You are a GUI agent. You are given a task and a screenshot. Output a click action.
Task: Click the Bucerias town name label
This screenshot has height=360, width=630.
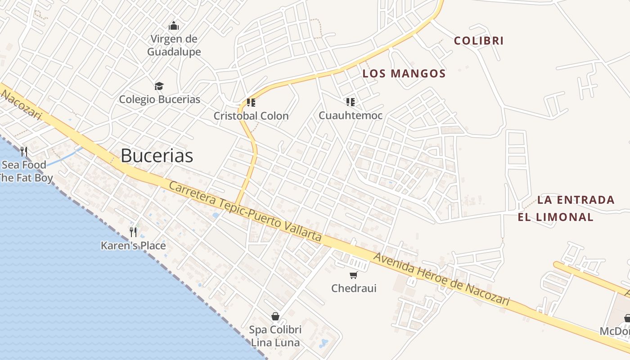tap(157, 156)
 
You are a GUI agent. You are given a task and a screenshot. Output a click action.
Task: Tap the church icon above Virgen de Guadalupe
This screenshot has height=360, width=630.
tap(174, 26)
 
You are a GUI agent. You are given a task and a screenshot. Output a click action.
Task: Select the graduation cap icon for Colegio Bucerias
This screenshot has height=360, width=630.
tap(159, 86)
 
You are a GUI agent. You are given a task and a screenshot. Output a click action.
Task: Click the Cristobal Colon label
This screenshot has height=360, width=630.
tap(251, 116)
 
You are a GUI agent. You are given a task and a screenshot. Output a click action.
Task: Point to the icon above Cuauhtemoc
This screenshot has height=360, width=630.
tap(351, 102)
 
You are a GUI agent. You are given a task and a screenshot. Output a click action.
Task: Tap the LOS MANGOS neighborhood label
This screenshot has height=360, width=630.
tap(404, 73)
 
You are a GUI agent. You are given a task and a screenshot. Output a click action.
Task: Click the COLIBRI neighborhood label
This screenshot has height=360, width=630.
tap(478, 40)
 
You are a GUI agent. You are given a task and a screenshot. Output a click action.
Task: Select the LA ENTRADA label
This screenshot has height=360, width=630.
tap(576, 200)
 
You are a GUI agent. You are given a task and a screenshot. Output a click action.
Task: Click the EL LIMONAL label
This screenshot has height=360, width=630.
tap(555, 217)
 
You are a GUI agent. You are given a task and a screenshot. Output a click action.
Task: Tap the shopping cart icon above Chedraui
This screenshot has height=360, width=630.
tap(354, 275)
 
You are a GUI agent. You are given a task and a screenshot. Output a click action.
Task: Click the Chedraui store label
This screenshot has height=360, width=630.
tap(354, 288)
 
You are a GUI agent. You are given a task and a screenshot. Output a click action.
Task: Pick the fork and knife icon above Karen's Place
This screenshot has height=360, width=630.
tap(133, 232)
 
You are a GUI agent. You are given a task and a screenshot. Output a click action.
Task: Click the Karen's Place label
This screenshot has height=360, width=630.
tap(133, 246)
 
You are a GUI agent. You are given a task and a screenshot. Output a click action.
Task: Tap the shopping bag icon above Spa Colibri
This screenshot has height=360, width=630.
tap(275, 316)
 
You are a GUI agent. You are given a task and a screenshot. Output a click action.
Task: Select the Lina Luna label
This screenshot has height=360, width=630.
tap(275, 342)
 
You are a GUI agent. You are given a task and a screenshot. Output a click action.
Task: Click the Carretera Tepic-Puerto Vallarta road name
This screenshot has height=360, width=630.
tap(245, 211)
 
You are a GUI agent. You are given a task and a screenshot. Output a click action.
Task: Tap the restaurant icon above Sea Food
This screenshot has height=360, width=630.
tap(24, 151)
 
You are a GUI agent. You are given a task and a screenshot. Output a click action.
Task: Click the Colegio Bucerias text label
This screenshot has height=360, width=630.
tap(159, 99)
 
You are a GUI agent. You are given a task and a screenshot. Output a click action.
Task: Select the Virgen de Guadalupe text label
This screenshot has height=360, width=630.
tap(174, 45)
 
